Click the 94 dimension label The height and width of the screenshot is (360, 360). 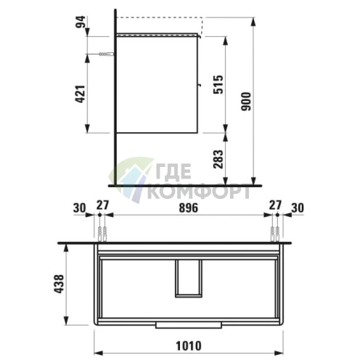click(81, 22)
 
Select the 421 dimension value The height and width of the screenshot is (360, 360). click(81, 94)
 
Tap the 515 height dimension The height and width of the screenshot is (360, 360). click(218, 84)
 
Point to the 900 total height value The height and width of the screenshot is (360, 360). click(246, 102)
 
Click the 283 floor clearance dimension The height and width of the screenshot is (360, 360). click(218, 159)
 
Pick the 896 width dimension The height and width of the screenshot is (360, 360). click(189, 208)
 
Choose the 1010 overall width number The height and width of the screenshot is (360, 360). click(189, 346)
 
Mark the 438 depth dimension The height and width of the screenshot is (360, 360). click(60, 284)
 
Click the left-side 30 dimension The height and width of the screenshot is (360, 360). click(80, 208)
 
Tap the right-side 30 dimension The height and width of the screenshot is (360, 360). click(298, 208)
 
